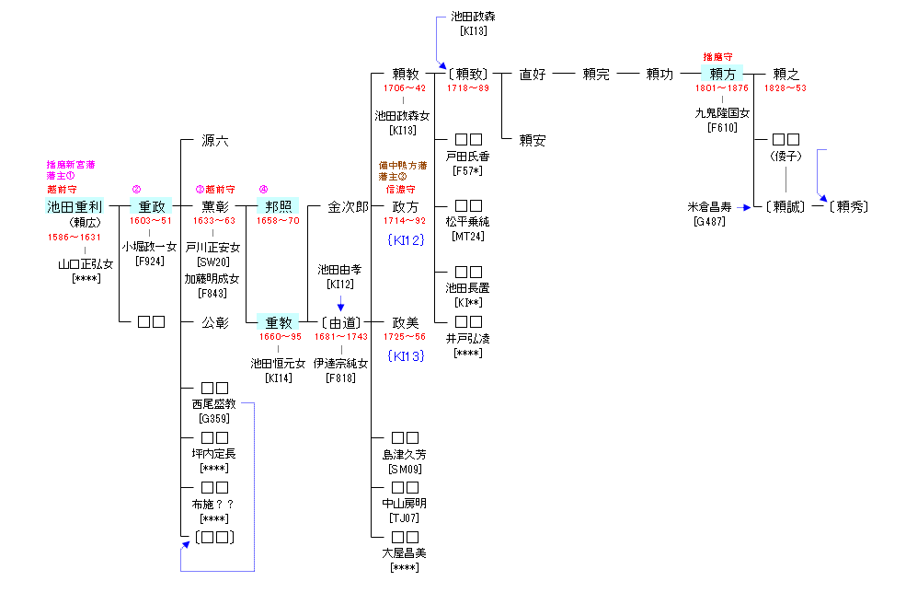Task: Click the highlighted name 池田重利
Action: [x=75, y=206]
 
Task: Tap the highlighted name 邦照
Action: [x=278, y=206]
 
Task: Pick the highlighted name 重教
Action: [x=278, y=322]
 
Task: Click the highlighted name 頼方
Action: [x=722, y=74]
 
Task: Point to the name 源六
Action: [x=215, y=141]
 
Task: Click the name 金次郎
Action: [x=348, y=206]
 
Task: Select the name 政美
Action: [x=406, y=322]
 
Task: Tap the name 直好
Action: [x=533, y=74]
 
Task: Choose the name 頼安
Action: [x=533, y=141]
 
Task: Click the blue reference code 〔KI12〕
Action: [x=406, y=239]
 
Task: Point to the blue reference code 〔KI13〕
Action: [x=406, y=355]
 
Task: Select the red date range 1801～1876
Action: [x=722, y=88]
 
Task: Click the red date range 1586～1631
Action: [x=75, y=237]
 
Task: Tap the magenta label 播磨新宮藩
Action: [x=71, y=165]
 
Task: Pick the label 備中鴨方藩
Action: [x=402, y=165]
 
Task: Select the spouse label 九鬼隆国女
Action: [x=722, y=113]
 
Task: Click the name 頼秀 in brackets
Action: [x=846, y=206]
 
